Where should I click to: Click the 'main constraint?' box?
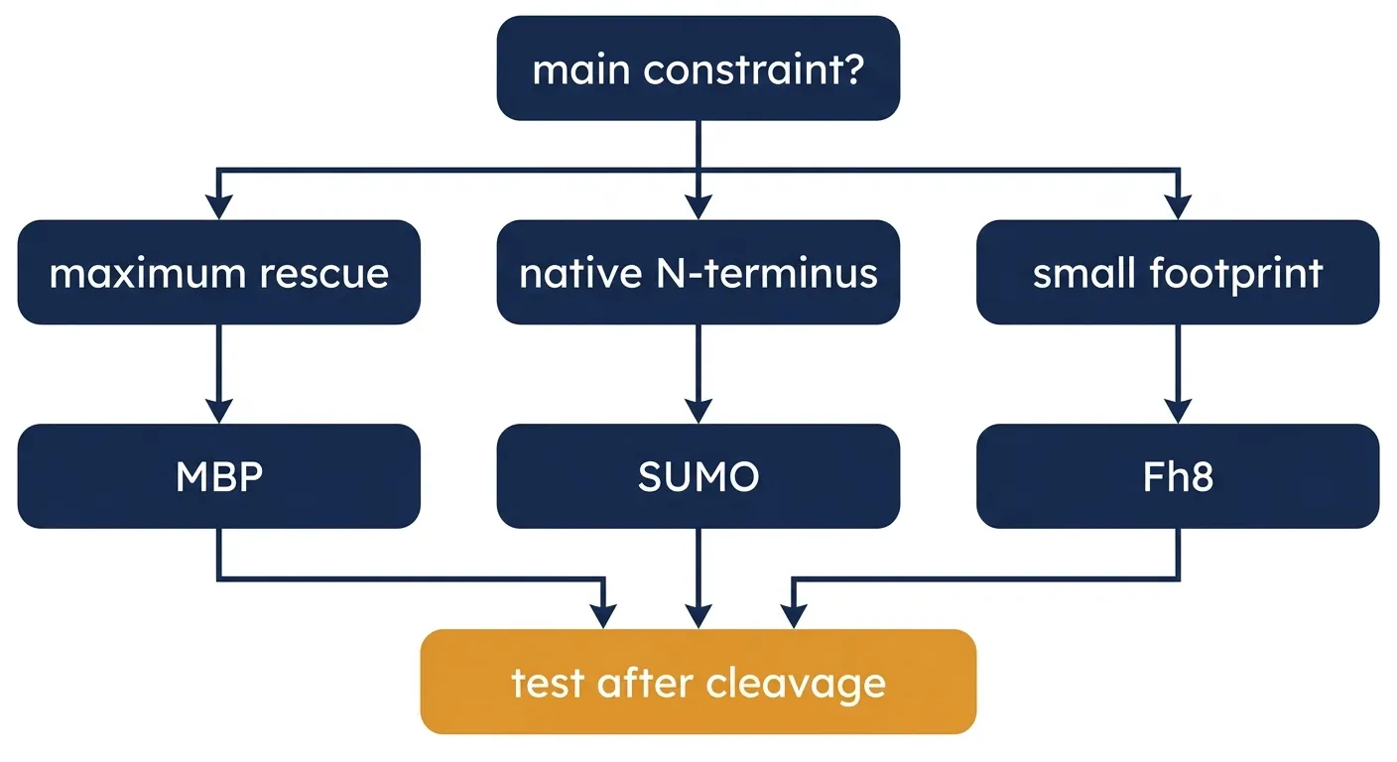pos(698,68)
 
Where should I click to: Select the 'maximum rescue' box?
pos(219,272)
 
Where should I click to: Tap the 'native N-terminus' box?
pos(698,272)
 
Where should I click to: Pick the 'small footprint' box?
pos(1178,272)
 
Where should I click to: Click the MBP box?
pos(219,476)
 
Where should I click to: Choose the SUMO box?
pos(698,476)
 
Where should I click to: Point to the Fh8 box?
pos(1178,476)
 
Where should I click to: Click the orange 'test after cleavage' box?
pos(698,682)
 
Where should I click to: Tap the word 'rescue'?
pos(324,275)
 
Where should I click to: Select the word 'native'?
pos(580,273)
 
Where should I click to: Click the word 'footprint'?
pos(1236,274)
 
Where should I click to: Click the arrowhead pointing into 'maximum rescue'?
pos(219,207)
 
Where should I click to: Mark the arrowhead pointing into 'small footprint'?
pos(1178,207)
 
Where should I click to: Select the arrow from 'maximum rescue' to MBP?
pos(219,374)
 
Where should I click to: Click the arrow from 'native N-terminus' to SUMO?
pos(698,374)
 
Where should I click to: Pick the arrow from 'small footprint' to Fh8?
pos(1178,374)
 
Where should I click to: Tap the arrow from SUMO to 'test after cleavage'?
pos(698,578)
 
